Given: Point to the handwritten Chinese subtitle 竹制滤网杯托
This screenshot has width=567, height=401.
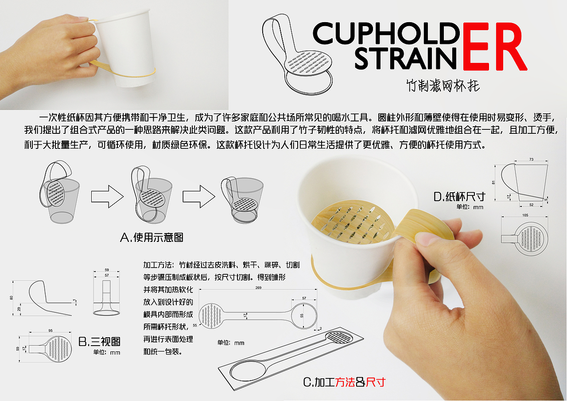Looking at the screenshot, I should pyautogui.click(x=443, y=85).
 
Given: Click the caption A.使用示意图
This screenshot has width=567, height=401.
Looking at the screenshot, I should pyautogui.click(x=151, y=237).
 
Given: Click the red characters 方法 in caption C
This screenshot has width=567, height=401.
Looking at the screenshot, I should pyautogui.click(x=345, y=382).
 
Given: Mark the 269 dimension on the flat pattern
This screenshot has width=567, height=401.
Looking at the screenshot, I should pyautogui.click(x=258, y=288).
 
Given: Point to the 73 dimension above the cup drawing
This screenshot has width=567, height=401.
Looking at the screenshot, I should pyautogui.click(x=532, y=160).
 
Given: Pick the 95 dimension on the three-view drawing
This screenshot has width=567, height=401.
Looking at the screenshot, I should pyautogui.click(x=50, y=330).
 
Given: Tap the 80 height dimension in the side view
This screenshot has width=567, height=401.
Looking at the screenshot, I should pyautogui.click(x=12, y=298).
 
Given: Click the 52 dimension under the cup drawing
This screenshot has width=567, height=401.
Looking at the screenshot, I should pyautogui.click(x=532, y=204).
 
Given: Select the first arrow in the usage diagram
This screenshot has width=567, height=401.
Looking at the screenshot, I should pyautogui.click(x=107, y=195).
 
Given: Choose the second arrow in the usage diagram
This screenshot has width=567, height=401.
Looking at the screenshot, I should pyautogui.click(x=199, y=195).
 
